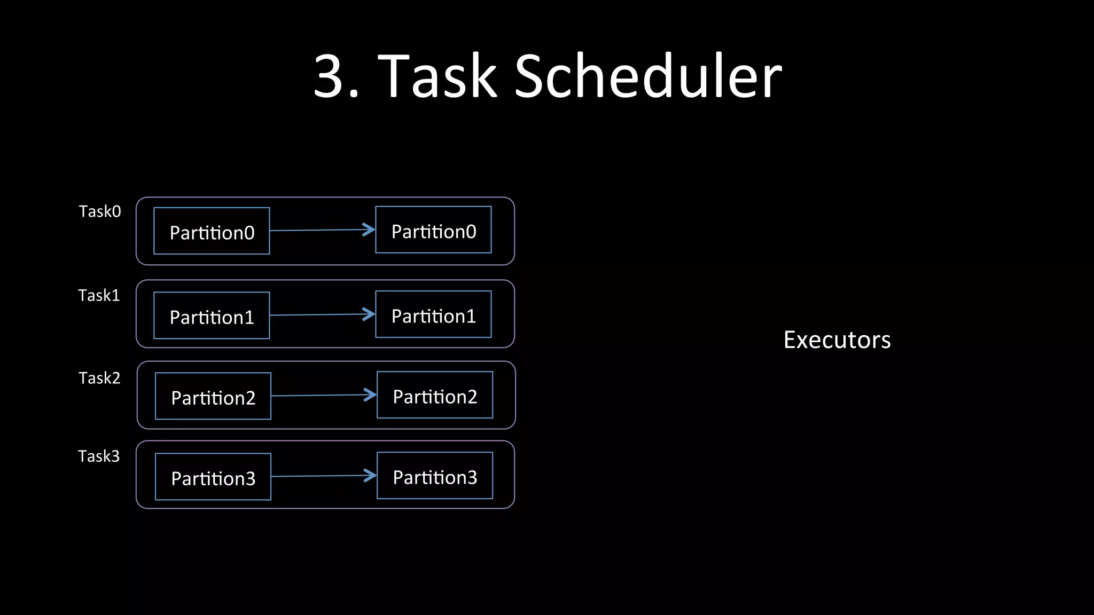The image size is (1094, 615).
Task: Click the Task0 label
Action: click(100, 211)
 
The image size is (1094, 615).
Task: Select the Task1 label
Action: click(99, 295)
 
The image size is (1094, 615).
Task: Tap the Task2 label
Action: click(99, 378)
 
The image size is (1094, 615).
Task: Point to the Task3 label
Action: click(99, 456)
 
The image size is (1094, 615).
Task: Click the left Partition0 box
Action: click(212, 231)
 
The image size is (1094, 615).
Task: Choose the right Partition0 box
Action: click(433, 230)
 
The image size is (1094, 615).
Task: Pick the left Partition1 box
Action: click(212, 316)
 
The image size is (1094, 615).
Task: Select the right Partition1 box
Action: click(433, 314)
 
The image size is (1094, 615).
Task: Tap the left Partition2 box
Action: click(213, 396)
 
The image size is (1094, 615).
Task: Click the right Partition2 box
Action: click(435, 395)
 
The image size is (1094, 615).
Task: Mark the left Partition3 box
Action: click(213, 477)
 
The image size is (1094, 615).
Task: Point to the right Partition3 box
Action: click(435, 476)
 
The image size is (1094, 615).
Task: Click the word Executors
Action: click(837, 340)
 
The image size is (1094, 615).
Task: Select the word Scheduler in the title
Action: click(647, 76)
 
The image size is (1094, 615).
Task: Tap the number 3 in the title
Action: click(327, 76)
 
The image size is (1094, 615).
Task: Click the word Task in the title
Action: click(437, 76)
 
